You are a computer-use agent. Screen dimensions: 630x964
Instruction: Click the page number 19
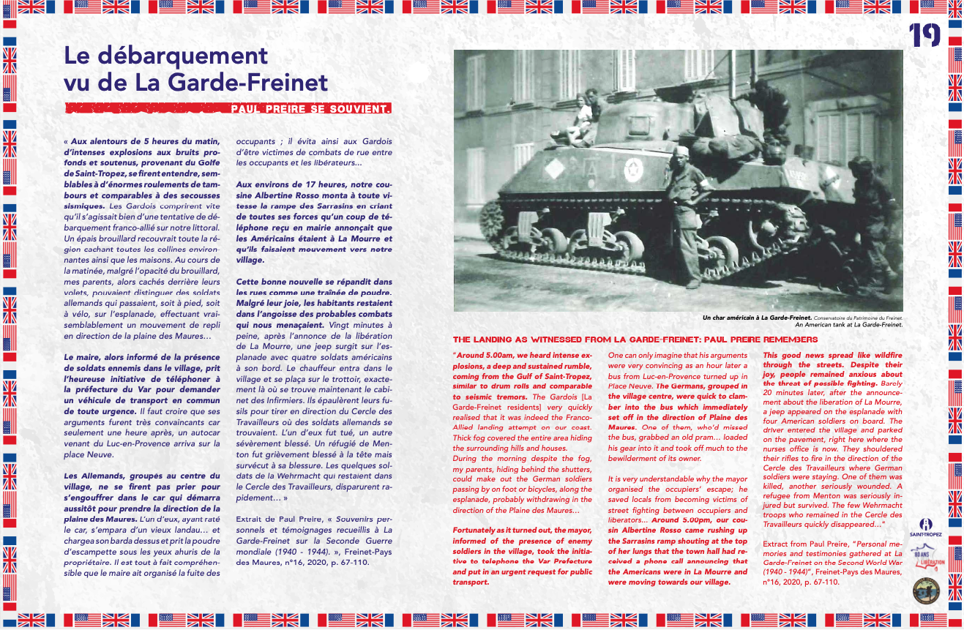coord(924,35)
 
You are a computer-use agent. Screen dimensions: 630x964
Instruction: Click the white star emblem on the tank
coord(632,170)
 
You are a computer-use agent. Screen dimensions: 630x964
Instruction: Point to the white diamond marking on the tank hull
coord(555,169)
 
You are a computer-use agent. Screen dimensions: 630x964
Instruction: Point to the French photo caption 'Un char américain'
coord(756,318)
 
